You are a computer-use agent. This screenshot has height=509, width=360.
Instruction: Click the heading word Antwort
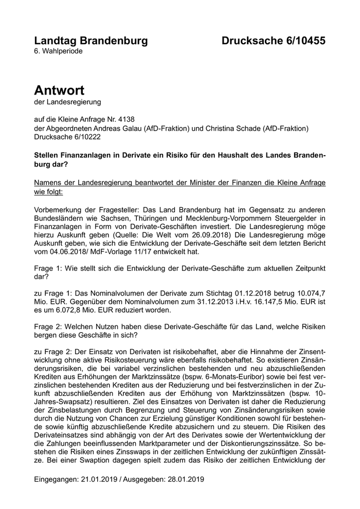pos(59,90)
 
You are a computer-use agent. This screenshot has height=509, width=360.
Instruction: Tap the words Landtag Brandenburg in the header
pos(91,41)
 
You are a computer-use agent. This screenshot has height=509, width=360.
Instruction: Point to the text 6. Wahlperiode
pos(58,51)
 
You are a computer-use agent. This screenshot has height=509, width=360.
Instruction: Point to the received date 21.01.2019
pos(100,479)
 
